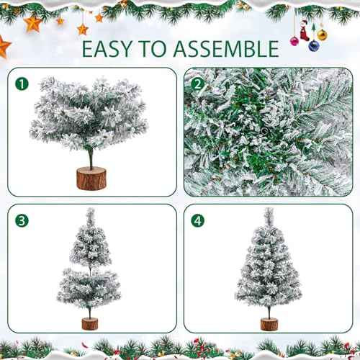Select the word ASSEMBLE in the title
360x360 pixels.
pos(229,49)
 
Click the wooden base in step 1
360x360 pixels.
pos(91,179)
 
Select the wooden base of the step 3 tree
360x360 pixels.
pos(89,321)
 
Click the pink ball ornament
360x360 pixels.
pos(294,40)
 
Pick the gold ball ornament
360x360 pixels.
pos(322,34)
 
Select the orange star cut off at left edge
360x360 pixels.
pos(4,48)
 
